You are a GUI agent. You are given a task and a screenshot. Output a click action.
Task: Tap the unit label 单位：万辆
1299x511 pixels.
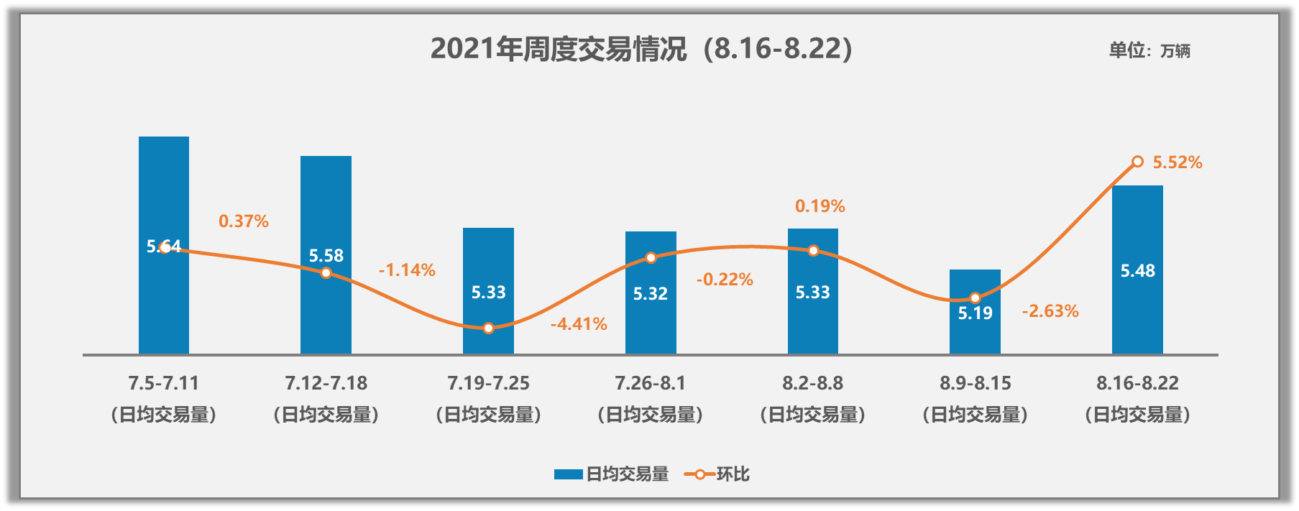(x=1149, y=50)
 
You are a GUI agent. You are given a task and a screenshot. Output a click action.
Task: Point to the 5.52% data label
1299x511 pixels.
(x=1177, y=162)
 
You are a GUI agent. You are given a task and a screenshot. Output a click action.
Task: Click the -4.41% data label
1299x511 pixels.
(x=579, y=324)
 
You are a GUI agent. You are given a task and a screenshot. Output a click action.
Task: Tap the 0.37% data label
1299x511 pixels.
(x=244, y=221)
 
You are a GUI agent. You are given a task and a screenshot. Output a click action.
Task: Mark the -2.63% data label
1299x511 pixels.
(x=1050, y=311)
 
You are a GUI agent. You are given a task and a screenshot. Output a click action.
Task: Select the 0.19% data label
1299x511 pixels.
(x=820, y=206)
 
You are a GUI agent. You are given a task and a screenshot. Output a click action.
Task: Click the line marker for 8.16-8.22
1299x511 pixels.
(x=1137, y=162)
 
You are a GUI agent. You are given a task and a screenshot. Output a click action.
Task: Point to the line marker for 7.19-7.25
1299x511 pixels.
(x=488, y=328)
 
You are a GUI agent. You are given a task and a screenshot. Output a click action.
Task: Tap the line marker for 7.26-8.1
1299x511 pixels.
(x=651, y=257)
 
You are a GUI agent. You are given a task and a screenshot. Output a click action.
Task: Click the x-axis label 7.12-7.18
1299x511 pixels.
(x=326, y=383)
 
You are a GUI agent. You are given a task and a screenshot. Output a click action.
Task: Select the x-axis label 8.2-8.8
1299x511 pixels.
(x=812, y=383)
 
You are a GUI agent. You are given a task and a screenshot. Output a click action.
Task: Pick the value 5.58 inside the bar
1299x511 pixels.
(x=326, y=256)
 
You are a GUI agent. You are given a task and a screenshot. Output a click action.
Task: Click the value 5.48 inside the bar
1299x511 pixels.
(x=1137, y=271)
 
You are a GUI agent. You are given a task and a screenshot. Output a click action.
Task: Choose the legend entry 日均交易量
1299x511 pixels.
(x=611, y=474)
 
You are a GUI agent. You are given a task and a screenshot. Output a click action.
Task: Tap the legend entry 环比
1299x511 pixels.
(x=717, y=474)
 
